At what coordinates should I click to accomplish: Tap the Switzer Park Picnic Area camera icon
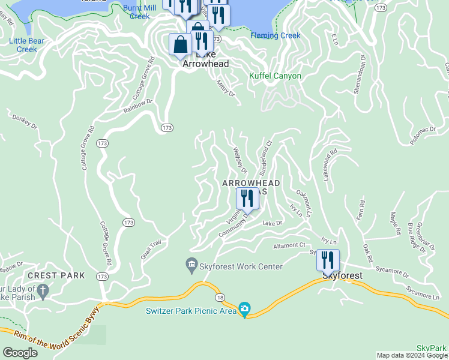pyautogui.click(x=244, y=310)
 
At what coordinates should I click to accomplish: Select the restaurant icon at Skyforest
pyautogui.click(x=328, y=260)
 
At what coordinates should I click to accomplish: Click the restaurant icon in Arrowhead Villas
pyautogui.click(x=247, y=198)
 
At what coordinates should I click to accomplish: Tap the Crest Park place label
pyautogui.click(x=59, y=275)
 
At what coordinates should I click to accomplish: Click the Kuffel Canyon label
pyautogui.click(x=276, y=76)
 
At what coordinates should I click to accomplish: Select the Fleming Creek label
pyautogui.click(x=275, y=35)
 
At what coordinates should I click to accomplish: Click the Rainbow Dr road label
pyautogui.click(x=139, y=107)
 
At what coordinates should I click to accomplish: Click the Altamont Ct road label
pyautogui.click(x=289, y=245)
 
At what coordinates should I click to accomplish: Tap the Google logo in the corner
pyautogui.click(x=20, y=352)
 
